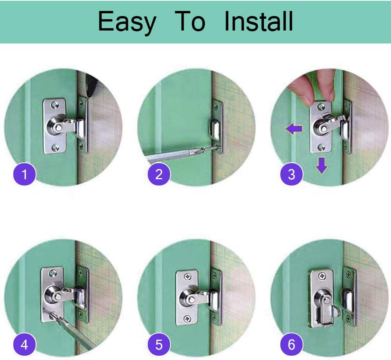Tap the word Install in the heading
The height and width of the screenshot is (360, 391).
point(258,22)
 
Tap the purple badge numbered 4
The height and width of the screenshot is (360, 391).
point(25,345)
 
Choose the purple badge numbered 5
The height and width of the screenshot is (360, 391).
point(159,345)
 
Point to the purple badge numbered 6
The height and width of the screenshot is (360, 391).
point(292,345)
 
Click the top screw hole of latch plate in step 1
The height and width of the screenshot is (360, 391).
point(55,104)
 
